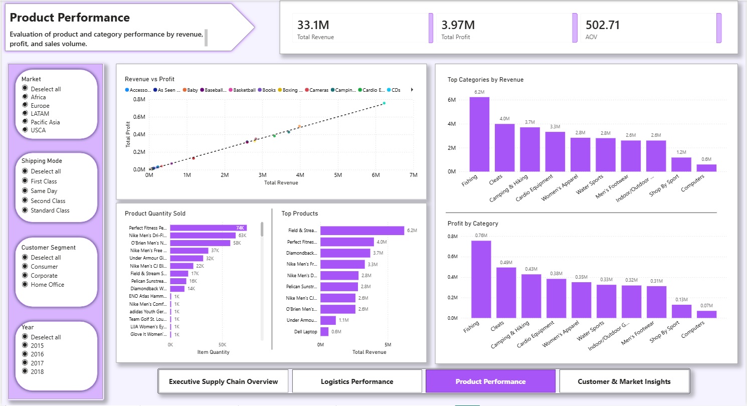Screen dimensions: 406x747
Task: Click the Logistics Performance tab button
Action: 357,381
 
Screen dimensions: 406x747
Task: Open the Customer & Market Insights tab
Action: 624,381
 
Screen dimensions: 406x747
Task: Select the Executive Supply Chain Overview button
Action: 223,381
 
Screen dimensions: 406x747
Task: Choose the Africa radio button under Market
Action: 25,97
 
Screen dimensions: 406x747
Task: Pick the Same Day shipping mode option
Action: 25,191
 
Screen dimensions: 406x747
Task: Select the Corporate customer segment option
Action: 25,276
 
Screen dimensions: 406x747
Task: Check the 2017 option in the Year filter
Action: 25,363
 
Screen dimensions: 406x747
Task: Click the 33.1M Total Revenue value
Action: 313,25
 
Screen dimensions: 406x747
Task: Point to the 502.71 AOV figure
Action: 603,25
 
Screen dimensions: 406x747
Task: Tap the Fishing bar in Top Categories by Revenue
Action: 479,134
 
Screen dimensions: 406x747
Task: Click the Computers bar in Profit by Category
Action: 706,314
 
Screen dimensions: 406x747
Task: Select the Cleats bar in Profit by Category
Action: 506,293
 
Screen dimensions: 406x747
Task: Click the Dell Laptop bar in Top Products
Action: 324,332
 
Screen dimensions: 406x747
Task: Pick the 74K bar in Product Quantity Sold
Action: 208,228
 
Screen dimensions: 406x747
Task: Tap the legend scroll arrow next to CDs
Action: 412,90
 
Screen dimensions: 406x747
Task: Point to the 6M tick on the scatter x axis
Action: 376,175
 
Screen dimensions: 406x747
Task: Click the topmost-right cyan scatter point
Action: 384,103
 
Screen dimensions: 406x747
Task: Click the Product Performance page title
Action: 70,18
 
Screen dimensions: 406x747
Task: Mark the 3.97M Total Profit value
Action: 458,25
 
